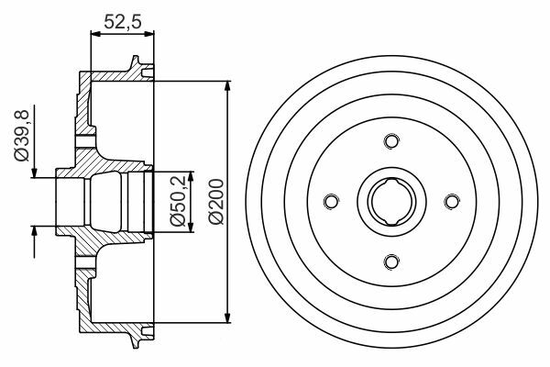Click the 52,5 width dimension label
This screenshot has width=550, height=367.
123,22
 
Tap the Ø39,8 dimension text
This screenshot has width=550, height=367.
22,135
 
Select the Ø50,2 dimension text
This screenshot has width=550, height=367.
178,201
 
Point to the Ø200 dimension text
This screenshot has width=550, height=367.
215,201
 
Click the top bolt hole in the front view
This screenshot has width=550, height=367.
391,140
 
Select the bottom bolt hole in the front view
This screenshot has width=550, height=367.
391,261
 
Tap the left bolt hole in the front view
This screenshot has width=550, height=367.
331,201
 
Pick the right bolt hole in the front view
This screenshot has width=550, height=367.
452,201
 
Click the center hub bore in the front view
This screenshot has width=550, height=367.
391,201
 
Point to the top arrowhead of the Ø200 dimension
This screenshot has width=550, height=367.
228,87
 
